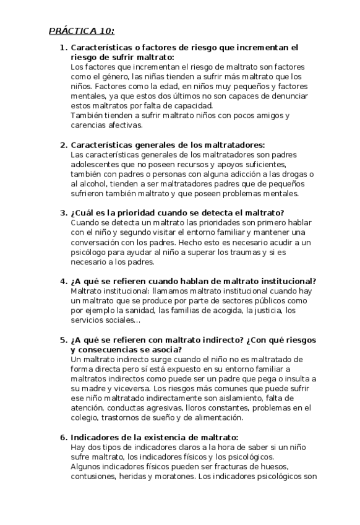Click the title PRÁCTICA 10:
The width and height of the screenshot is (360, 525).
pyautogui.click(x=82, y=31)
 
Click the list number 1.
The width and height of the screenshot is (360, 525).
pyautogui.click(x=62, y=47)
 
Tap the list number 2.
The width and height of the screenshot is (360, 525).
pyautogui.click(x=62, y=145)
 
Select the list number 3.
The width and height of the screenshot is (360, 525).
pyautogui.click(x=62, y=213)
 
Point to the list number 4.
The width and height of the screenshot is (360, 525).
pyautogui.click(x=62, y=281)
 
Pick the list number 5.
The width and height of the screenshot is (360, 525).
pyautogui.click(x=62, y=340)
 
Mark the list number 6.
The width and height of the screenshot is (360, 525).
pyautogui.click(x=62, y=438)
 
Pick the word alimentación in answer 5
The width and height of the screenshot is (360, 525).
pyautogui.click(x=262, y=418)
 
